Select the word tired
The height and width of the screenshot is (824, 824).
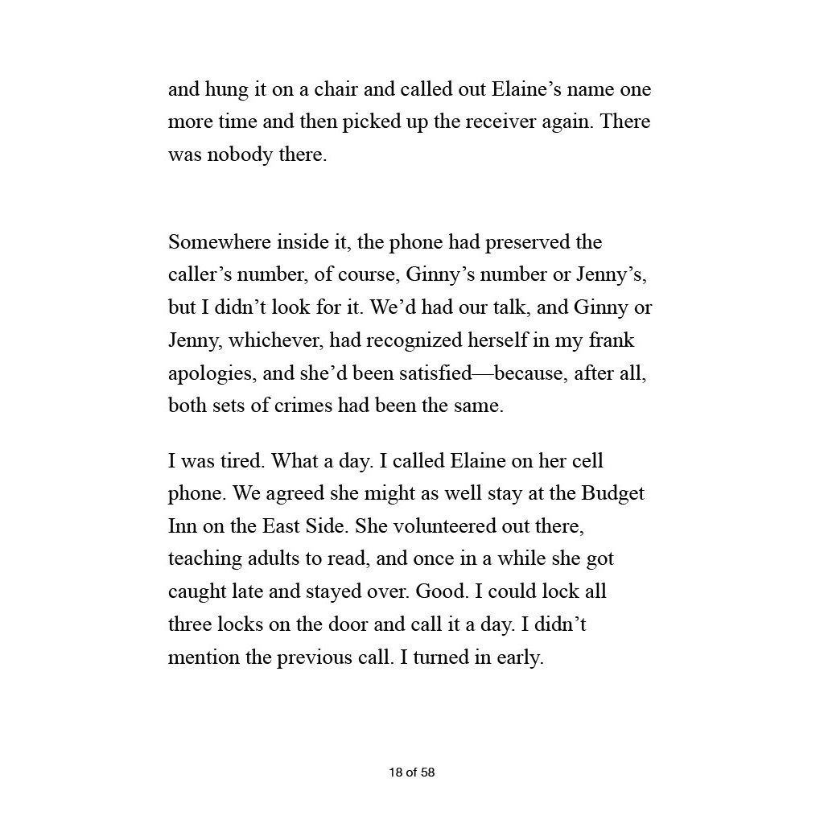[x=241, y=462]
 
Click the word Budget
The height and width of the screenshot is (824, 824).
[x=613, y=493]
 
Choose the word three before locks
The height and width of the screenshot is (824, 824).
[x=189, y=624]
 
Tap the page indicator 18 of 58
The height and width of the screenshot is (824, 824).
[x=411, y=772]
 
